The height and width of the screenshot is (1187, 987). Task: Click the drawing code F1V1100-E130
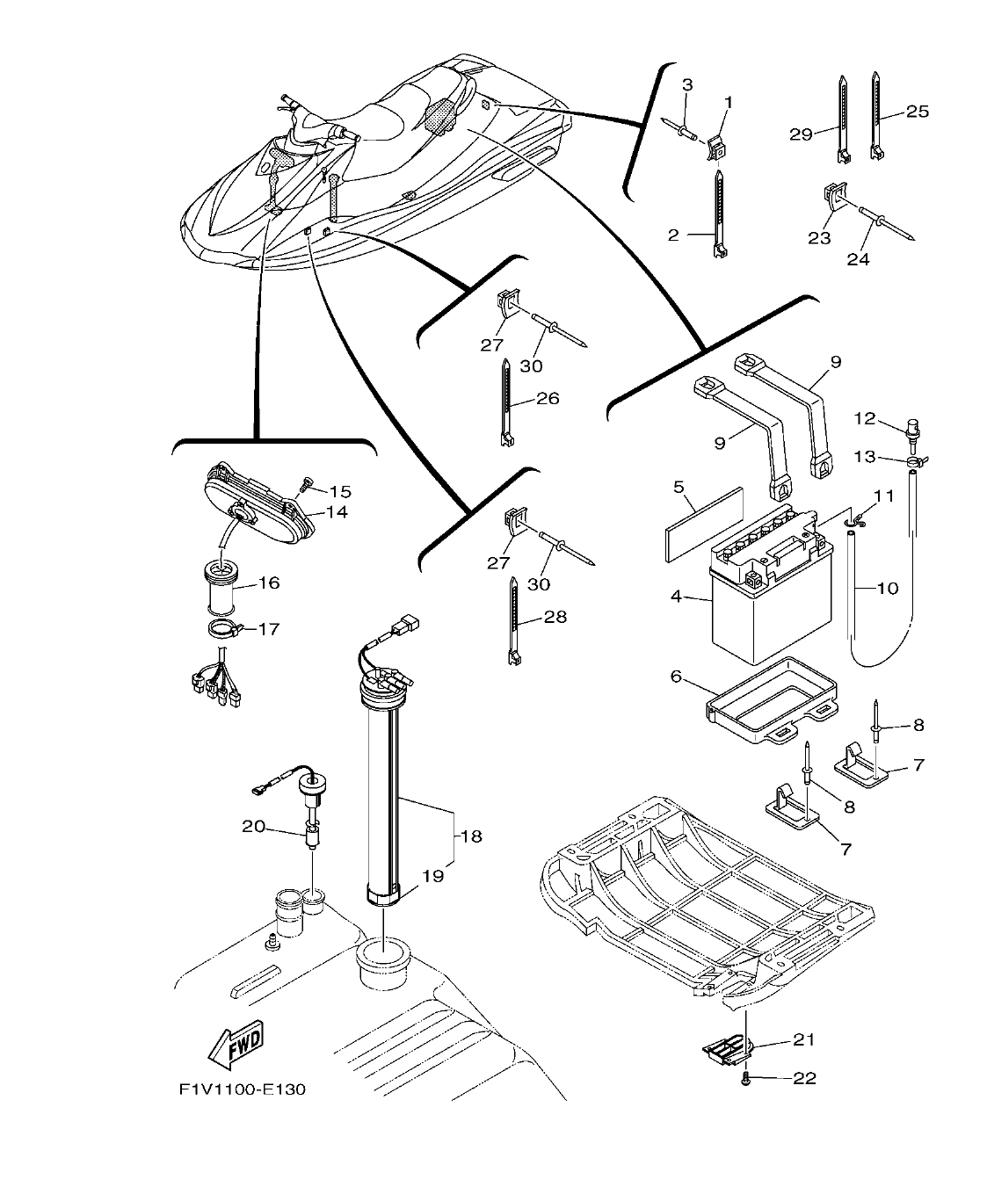242,1090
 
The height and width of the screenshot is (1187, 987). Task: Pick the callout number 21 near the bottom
804,1039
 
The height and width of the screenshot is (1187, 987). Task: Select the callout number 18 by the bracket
472,836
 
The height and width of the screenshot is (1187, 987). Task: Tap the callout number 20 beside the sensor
254,826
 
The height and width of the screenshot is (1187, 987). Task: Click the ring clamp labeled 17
224,628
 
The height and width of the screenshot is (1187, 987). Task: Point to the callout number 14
337,512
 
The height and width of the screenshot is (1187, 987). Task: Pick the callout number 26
547,398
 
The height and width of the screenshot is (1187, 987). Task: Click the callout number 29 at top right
800,134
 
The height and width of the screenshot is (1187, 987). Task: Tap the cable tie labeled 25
876,114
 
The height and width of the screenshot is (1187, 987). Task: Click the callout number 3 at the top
687,84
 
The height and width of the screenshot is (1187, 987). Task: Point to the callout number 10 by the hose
888,588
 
